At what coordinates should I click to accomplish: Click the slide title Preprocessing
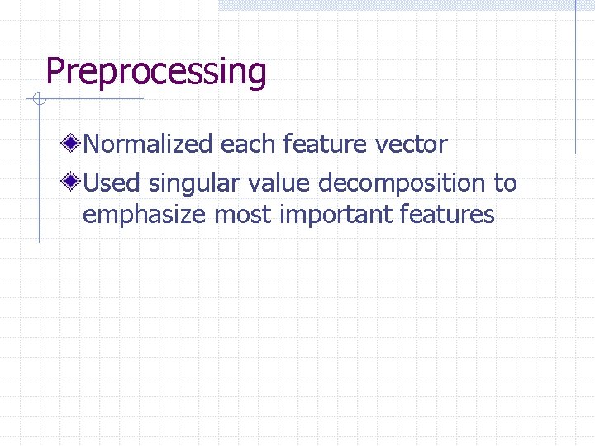(x=156, y=72)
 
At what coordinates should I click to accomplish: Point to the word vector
(x=411, y=145)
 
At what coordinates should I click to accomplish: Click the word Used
(x=113, y=182)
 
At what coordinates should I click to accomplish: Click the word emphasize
(x=145, y=215)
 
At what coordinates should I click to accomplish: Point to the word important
(x=336, y=215)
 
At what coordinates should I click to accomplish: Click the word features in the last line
(x=447, y=215)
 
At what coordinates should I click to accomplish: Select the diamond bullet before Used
(x=74, y=182)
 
